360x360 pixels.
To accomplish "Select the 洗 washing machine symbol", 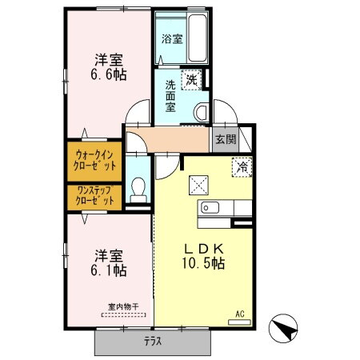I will click(x=193, y=78).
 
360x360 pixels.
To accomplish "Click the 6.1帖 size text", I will click(x=108, y=271).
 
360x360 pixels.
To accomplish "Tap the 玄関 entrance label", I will click(x=225, y=138).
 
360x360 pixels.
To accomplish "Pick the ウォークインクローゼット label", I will click(x=94, y=159).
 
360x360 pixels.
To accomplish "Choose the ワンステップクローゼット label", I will click(x=94, y=195).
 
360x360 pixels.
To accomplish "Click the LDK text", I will click(x=206, y=249).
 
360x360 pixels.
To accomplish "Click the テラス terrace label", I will click(x=153, y=342).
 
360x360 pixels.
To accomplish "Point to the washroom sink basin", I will click(x=200, y=111).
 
